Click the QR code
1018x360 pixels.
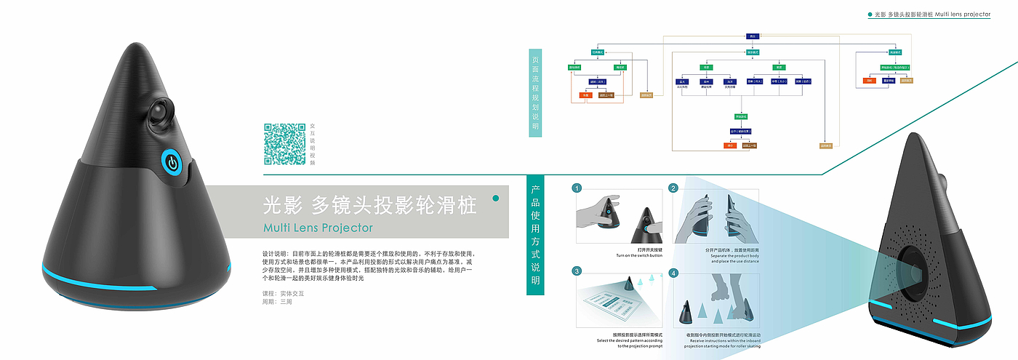(x=284, y=144)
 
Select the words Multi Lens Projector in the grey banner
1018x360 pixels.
(x=318, y=228)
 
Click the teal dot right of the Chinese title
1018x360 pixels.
(x=496, y=198)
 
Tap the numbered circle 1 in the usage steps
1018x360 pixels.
(x=577, y=188)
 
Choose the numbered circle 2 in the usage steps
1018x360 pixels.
(x=673, y=188)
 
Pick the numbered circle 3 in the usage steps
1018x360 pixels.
(x=577, y=271)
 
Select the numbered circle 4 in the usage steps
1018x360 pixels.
(x=673, y=273)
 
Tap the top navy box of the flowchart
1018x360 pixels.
(x=753, y=36)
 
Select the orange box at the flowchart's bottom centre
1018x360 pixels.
(x=730, y=145)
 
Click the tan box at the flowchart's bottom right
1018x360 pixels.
(x=825, y=145)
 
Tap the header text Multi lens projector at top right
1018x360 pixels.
(x=960, y=14)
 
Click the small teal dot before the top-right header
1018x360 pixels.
(x=870, y=14)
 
